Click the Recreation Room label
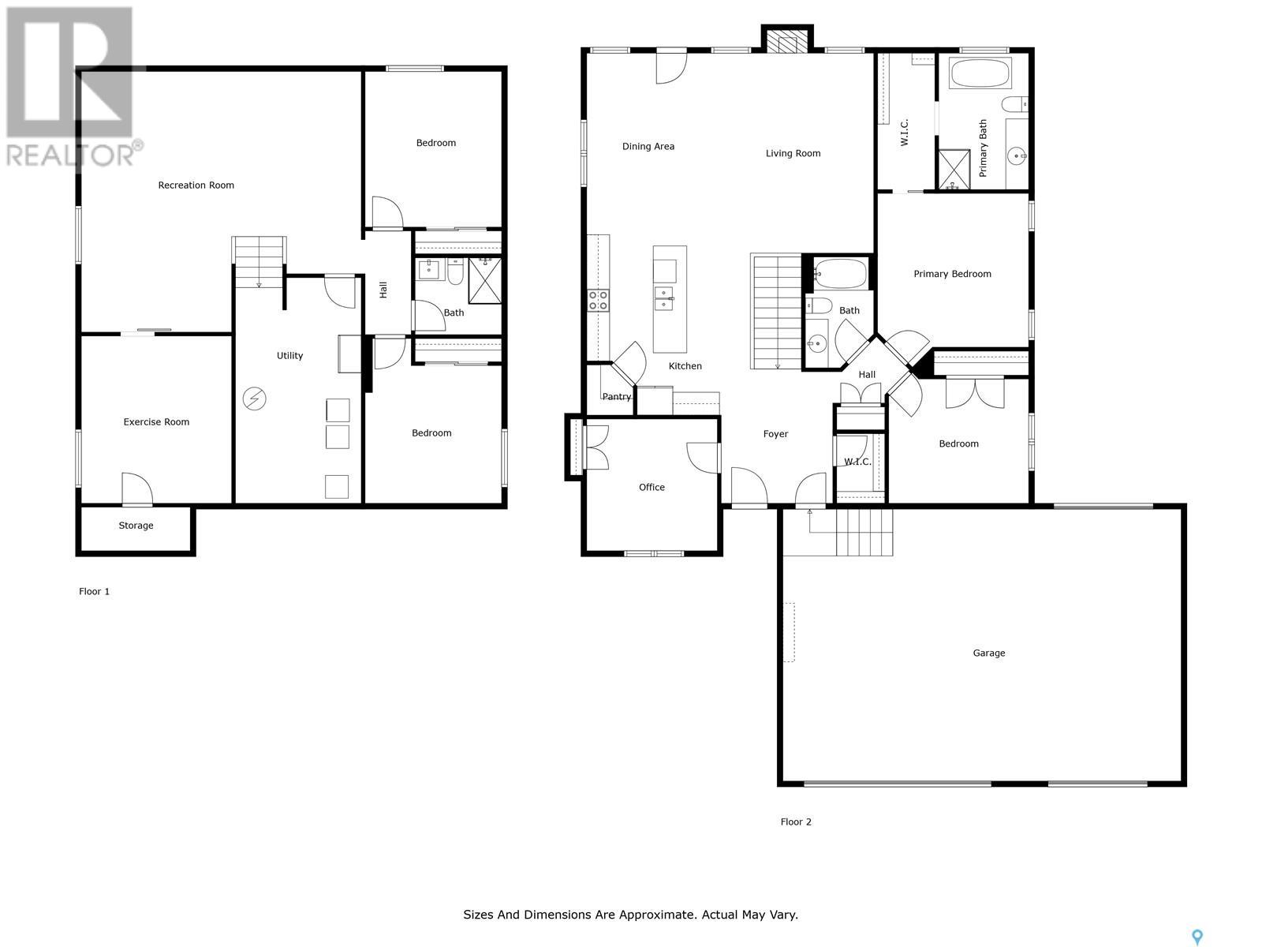pos(196,185)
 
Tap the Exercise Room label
pos(156,422)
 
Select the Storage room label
pos(136,526)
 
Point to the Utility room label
pos(289,356)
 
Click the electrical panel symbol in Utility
pos(254,399)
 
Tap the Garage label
pos(989,653)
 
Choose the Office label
pos(652,488)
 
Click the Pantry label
pos(616,397)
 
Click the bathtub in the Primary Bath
pos(980,73)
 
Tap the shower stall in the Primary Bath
pos(954,170)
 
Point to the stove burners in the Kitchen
pos(598,301)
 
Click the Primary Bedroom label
pos(952,275)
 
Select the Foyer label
pos(775,434)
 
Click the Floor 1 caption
pos(95,592)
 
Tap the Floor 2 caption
pos(796,822)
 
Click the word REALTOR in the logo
pos(70,155)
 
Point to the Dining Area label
pos(648,147)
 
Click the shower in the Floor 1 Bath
pos(484,281)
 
